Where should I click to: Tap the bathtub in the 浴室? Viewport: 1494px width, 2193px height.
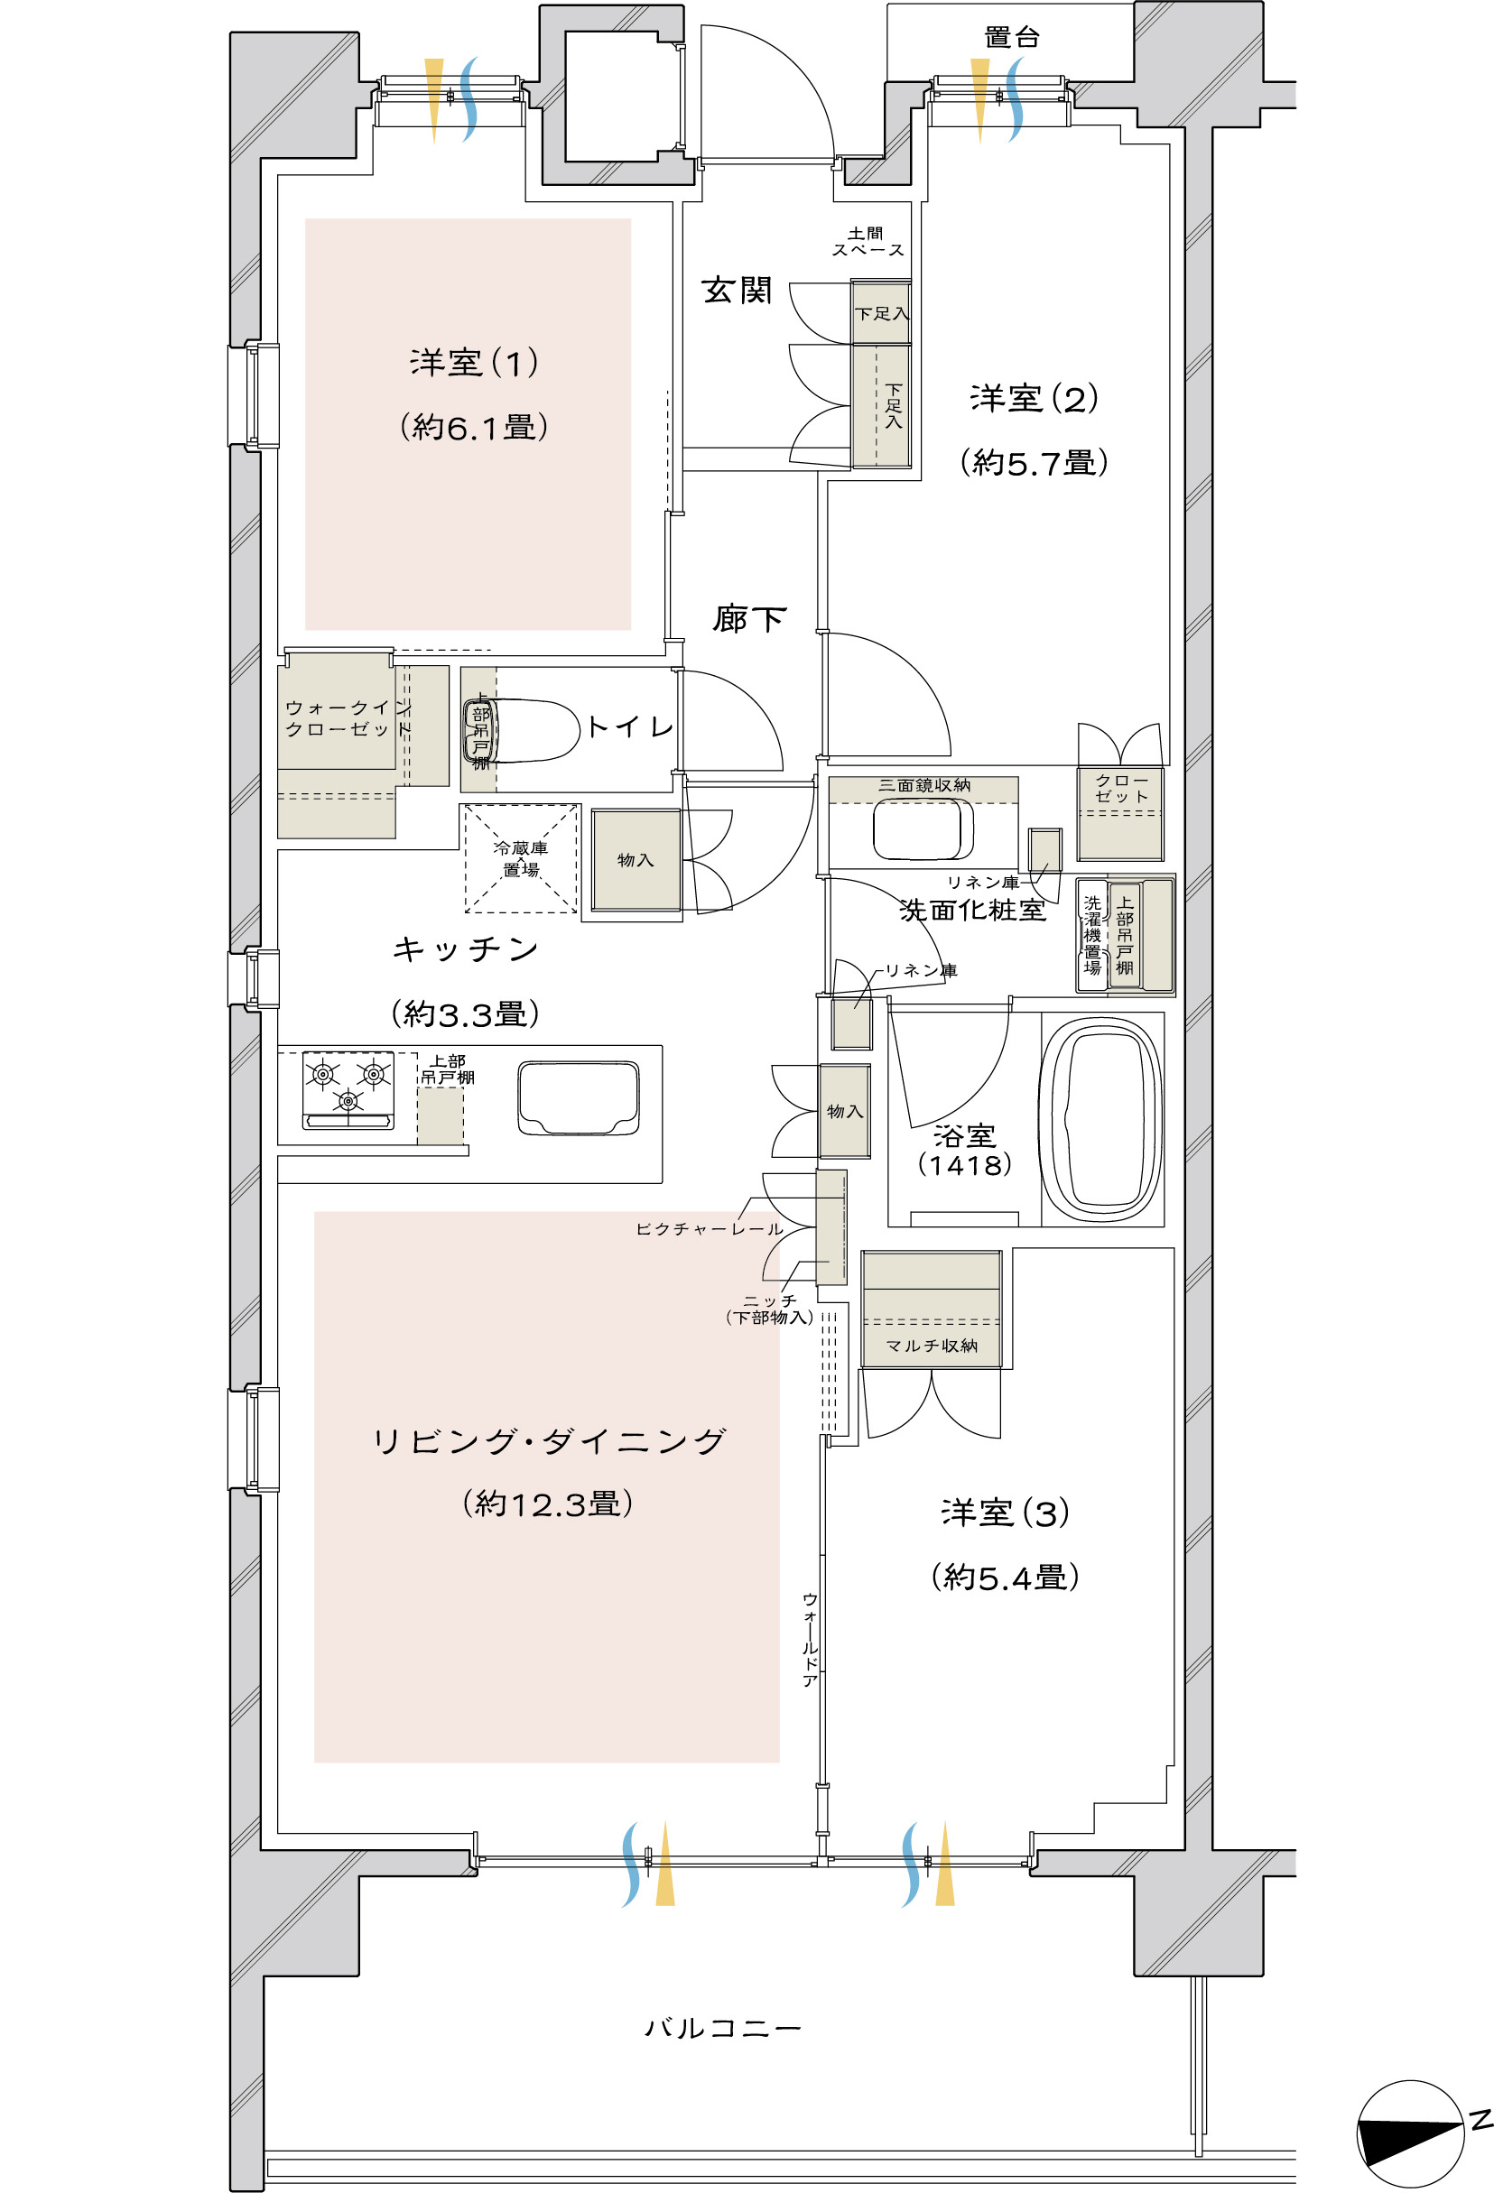[x=1100, y=1118]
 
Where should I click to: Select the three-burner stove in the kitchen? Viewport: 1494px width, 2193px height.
[x=348, y=1090]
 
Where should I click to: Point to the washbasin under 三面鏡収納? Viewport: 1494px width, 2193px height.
[x=922, y=828]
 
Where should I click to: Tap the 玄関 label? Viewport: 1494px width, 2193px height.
[x=736, y=290]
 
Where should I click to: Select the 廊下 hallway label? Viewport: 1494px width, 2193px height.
[x=748, y=619]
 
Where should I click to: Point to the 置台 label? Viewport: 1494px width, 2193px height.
[x=1012, y=37]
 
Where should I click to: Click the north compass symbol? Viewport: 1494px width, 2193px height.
[x=1412, y=2133]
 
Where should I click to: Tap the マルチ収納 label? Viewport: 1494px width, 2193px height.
[x=932, y=1346]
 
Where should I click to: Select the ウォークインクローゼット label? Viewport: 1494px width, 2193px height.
[x=348, y=718]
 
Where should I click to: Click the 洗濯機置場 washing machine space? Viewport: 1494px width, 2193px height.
[x=1092, y=935]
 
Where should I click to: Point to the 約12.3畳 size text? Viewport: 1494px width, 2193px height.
[x=547, y=1504]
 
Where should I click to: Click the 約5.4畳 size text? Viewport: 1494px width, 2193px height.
[x=1005, y=1577]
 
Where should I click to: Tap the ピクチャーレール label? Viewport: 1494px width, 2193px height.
[x=710, y=1229]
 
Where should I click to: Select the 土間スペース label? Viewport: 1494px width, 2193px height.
[x=868, y=242]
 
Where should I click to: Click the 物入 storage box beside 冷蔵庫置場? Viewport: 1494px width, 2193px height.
[x=636, y=860]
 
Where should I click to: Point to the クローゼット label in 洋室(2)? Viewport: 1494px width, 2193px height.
[x=1121, y=788]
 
